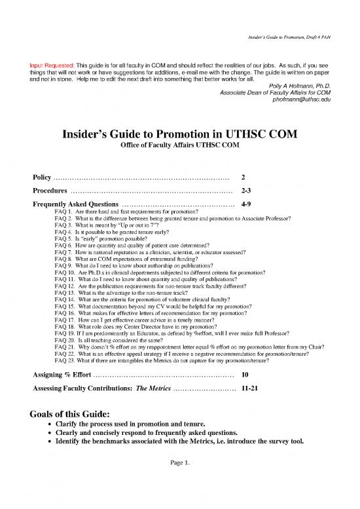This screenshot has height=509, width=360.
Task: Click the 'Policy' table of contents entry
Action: [x=43, y=178]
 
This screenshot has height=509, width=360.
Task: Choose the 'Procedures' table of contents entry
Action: [x=50, y=191]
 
